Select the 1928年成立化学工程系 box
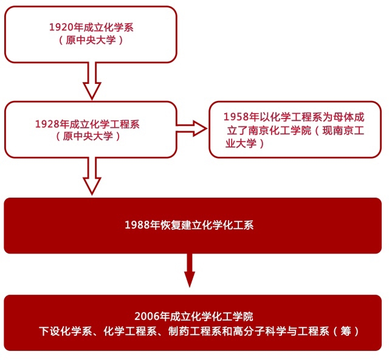[91, 129]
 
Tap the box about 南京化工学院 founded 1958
[295, 129]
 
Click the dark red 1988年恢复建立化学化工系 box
[193, 225]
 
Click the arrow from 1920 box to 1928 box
[91, 80]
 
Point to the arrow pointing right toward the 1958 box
[191, 128]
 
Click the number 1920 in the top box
[60, 27]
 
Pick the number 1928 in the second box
[46, 123]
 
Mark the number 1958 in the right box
[235, 116]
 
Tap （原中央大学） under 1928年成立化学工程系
[91, 136]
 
